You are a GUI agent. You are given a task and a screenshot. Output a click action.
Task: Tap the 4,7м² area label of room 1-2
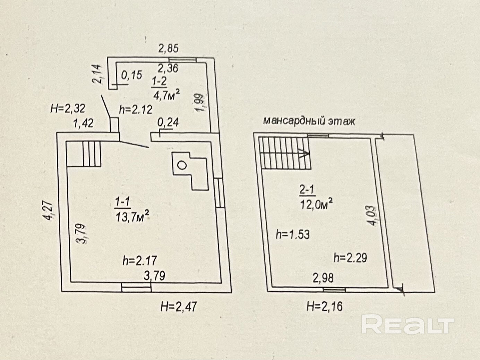tap(166, 94)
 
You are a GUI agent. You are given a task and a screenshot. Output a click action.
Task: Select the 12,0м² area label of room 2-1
tap(316, 204)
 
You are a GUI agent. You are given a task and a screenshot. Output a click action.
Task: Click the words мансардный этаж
tap(309, 121)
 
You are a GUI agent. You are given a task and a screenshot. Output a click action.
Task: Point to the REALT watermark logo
tap(408, 325)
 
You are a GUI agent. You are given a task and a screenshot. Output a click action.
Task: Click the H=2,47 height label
tap(179, 306)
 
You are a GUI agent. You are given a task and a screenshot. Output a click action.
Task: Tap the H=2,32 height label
tap(68, 109)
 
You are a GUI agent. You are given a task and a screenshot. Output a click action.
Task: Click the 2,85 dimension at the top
tap(169, 48)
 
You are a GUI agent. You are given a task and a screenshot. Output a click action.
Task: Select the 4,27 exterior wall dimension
tap(49, 211)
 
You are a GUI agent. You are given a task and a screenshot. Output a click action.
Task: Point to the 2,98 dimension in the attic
tap(323, 278)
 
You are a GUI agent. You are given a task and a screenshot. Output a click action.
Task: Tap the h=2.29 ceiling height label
tap(350, 258)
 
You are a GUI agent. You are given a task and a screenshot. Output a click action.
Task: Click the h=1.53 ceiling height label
tap(292, 234)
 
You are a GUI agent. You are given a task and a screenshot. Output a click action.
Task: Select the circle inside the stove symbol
tap(182, 165)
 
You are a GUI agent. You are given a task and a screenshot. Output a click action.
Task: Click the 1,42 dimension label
tap(83, 123)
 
